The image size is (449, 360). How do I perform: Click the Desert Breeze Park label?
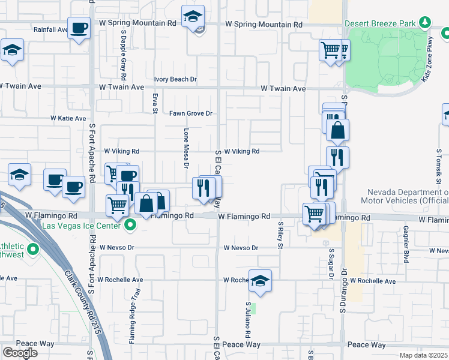(x=381, y=23)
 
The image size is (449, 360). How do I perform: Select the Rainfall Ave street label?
(x=50, y=29)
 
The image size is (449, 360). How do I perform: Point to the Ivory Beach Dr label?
(x=175, y=79)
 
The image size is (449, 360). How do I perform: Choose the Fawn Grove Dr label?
(x=191, y=113)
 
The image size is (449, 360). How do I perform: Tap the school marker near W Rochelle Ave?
(x=260, y=281)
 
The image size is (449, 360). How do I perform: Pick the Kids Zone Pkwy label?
(x=430, y=67)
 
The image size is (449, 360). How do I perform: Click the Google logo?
(x=20, y=353)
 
